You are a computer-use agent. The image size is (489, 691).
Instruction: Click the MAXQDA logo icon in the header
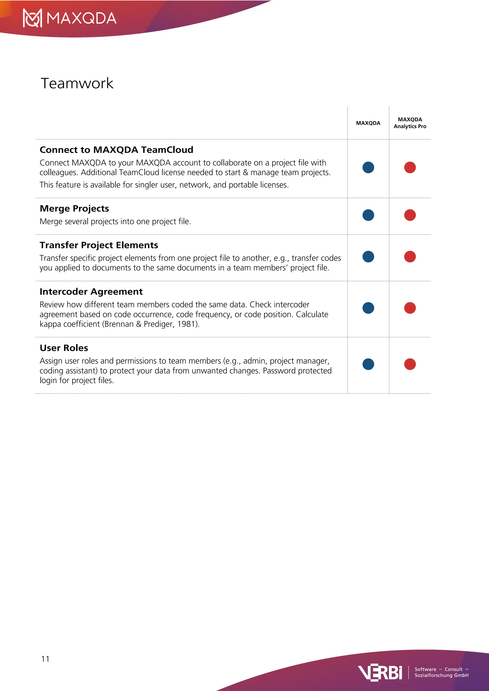pos(32,18)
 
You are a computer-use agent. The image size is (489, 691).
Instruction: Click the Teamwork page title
pos(77,83)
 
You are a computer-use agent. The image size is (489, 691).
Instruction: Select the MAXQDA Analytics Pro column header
pos(410,123)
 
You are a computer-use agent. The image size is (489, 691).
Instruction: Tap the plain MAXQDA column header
pos(368,123)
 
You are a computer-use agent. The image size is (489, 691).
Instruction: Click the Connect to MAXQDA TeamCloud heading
pos(116,150)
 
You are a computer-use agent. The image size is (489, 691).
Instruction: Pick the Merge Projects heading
pos(74,208)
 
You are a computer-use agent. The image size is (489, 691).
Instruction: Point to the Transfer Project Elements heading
pos(99,245)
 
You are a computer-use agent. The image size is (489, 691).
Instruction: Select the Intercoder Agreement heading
pos(91,292)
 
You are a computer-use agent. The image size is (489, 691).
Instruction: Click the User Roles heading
pos(64,348)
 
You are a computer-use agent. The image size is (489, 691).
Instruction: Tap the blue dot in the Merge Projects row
pos(368,215)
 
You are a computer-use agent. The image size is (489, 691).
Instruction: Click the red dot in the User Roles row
pos(410,364)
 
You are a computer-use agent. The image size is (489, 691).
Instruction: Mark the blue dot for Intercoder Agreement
pos(368,308)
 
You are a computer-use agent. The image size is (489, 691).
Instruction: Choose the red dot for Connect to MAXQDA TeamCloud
pos(410,167)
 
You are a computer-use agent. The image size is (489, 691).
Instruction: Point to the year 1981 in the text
pos(186,324)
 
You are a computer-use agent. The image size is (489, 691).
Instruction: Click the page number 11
pos(45,659)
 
